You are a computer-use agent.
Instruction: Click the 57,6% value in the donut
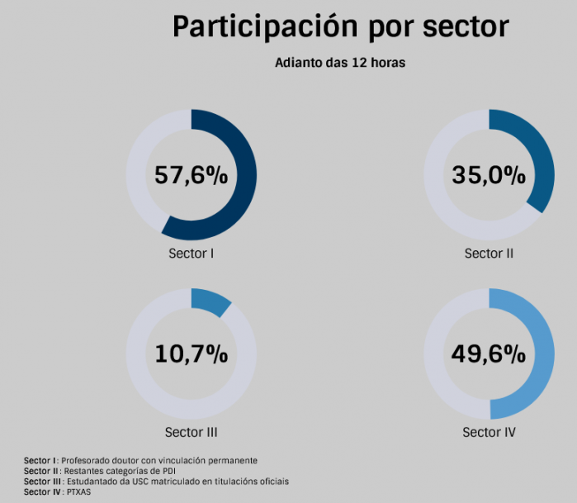(x=191, y=175)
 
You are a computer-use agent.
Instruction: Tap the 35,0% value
(x=489, y=175)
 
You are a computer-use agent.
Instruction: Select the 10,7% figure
(x=191, y=354)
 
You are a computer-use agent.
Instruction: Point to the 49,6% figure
(x=489, y=354)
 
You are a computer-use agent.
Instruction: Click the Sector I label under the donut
(x=192, y=253)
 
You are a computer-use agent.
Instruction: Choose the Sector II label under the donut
(x=489, y=253)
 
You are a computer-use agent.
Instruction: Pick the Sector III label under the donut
(x=191, y=432)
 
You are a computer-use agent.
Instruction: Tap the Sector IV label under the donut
(x=489, y=432)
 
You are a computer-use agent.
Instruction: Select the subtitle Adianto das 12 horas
(x=340, y=63)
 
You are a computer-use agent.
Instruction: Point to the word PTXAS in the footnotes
(x=78, y=492)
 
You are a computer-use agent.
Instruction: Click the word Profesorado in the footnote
(x=89, y=460)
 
